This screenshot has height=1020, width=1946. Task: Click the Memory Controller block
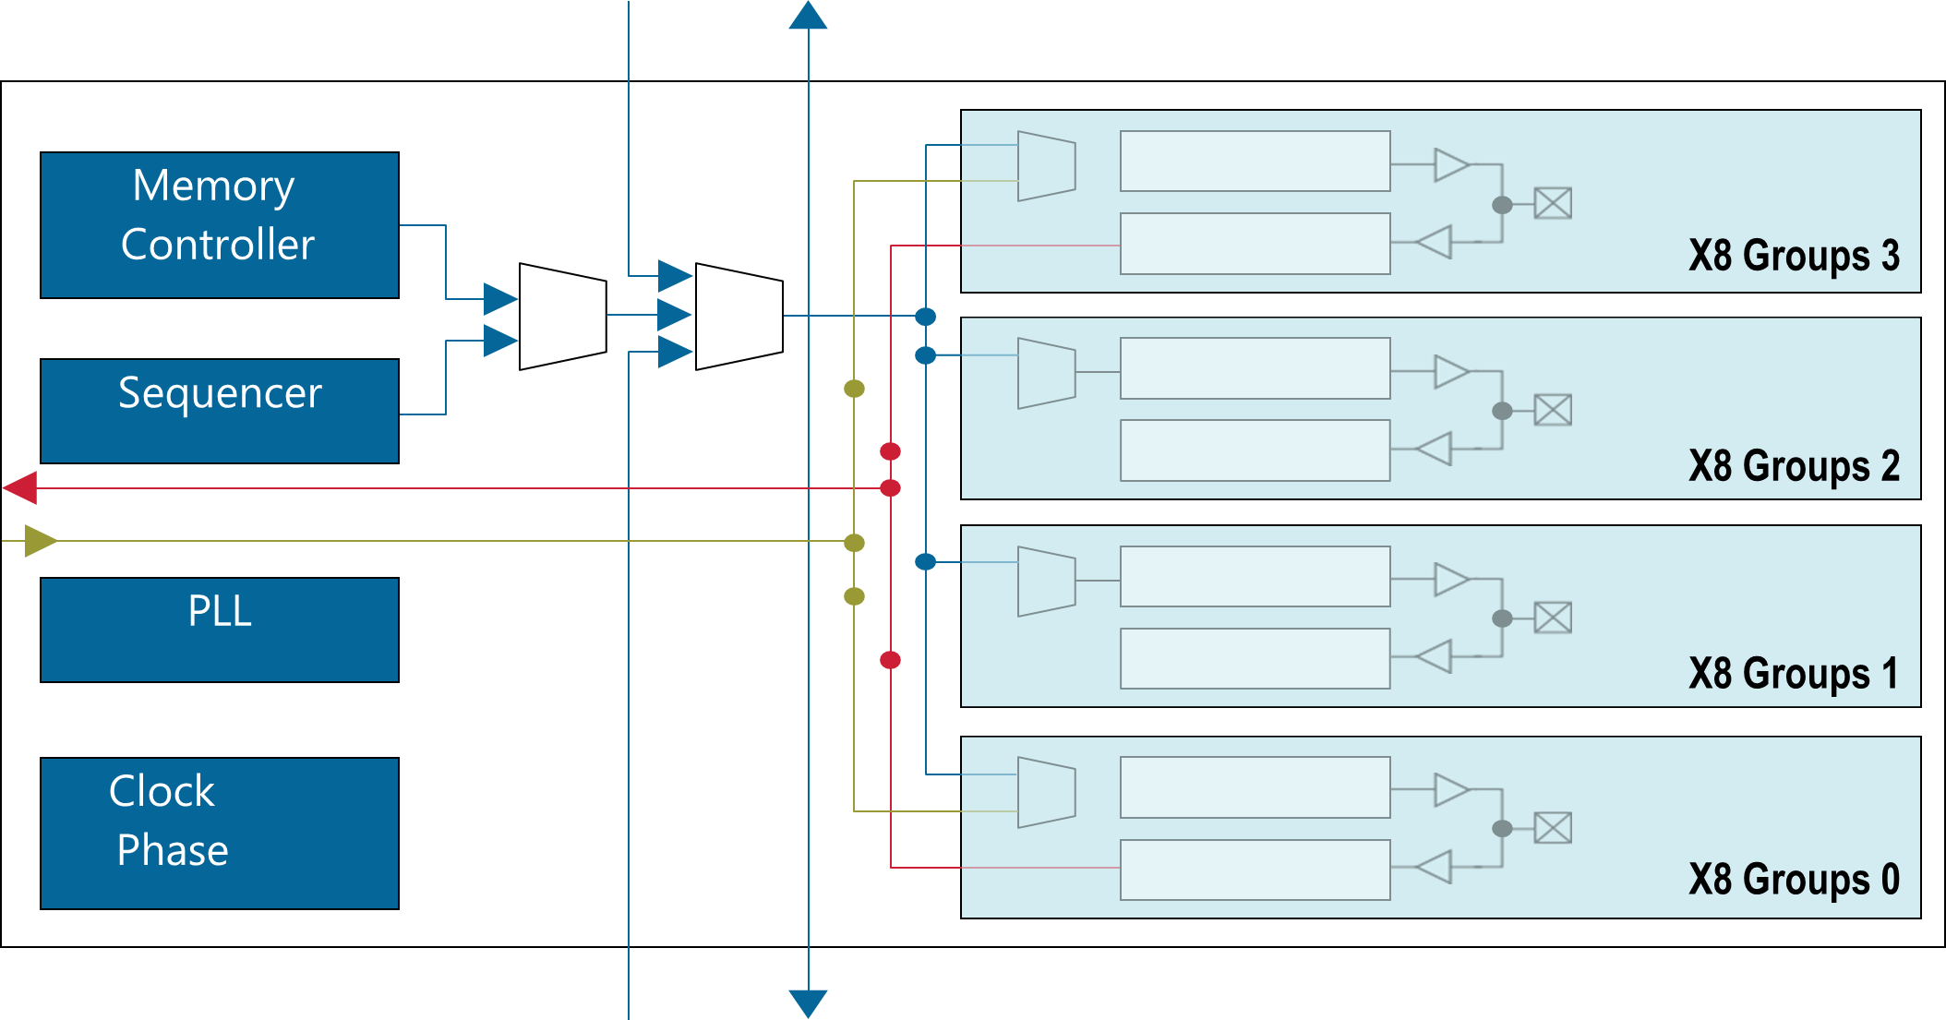(x=220, y=224)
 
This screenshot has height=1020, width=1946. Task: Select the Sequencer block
(x=220, y=411)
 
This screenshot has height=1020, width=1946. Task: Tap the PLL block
(x=220, y=630)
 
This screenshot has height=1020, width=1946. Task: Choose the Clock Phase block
(x=220, y=833)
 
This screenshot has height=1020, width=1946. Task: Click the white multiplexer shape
(x=739, y=317)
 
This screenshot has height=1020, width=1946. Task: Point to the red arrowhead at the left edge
(x=20, y=487)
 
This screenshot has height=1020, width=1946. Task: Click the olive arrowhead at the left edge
(x=41, y=541)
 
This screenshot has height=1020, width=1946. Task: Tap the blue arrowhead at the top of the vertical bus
(x=808, y=16)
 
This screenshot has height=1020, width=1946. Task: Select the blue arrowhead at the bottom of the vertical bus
(x=808, y=1003)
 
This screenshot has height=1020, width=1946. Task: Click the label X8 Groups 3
(x=1794, y=256)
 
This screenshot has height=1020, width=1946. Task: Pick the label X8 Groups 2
(x=1794, y=466)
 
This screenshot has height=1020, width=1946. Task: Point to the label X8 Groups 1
(x=1794, y=674)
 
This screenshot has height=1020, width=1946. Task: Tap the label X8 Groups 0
(x=1794, y=880)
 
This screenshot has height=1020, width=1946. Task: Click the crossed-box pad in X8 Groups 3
(x=1553, y=203)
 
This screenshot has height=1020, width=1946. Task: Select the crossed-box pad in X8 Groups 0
(x=1553, y=828)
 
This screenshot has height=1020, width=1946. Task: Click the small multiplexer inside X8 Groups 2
(x=1046, y=373)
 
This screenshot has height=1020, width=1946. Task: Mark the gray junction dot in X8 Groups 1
(x=1502, y=618)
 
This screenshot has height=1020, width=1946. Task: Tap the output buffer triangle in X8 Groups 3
(x=1450, y=165)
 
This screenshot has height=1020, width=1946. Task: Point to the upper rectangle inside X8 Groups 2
(x=1255, y=368)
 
